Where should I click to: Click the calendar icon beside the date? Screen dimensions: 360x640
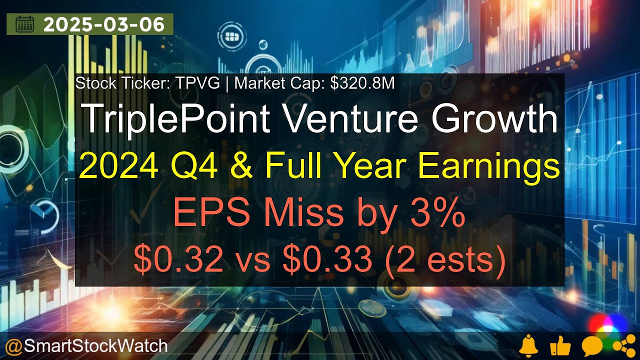point(24,24)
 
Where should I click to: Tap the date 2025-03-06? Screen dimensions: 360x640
point(104,24)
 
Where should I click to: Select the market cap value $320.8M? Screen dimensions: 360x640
point(362,83)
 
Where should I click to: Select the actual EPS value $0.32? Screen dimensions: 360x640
point(177,260)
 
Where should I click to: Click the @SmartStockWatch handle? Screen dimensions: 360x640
point(86,345)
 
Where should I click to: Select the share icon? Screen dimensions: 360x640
point(620,345)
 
